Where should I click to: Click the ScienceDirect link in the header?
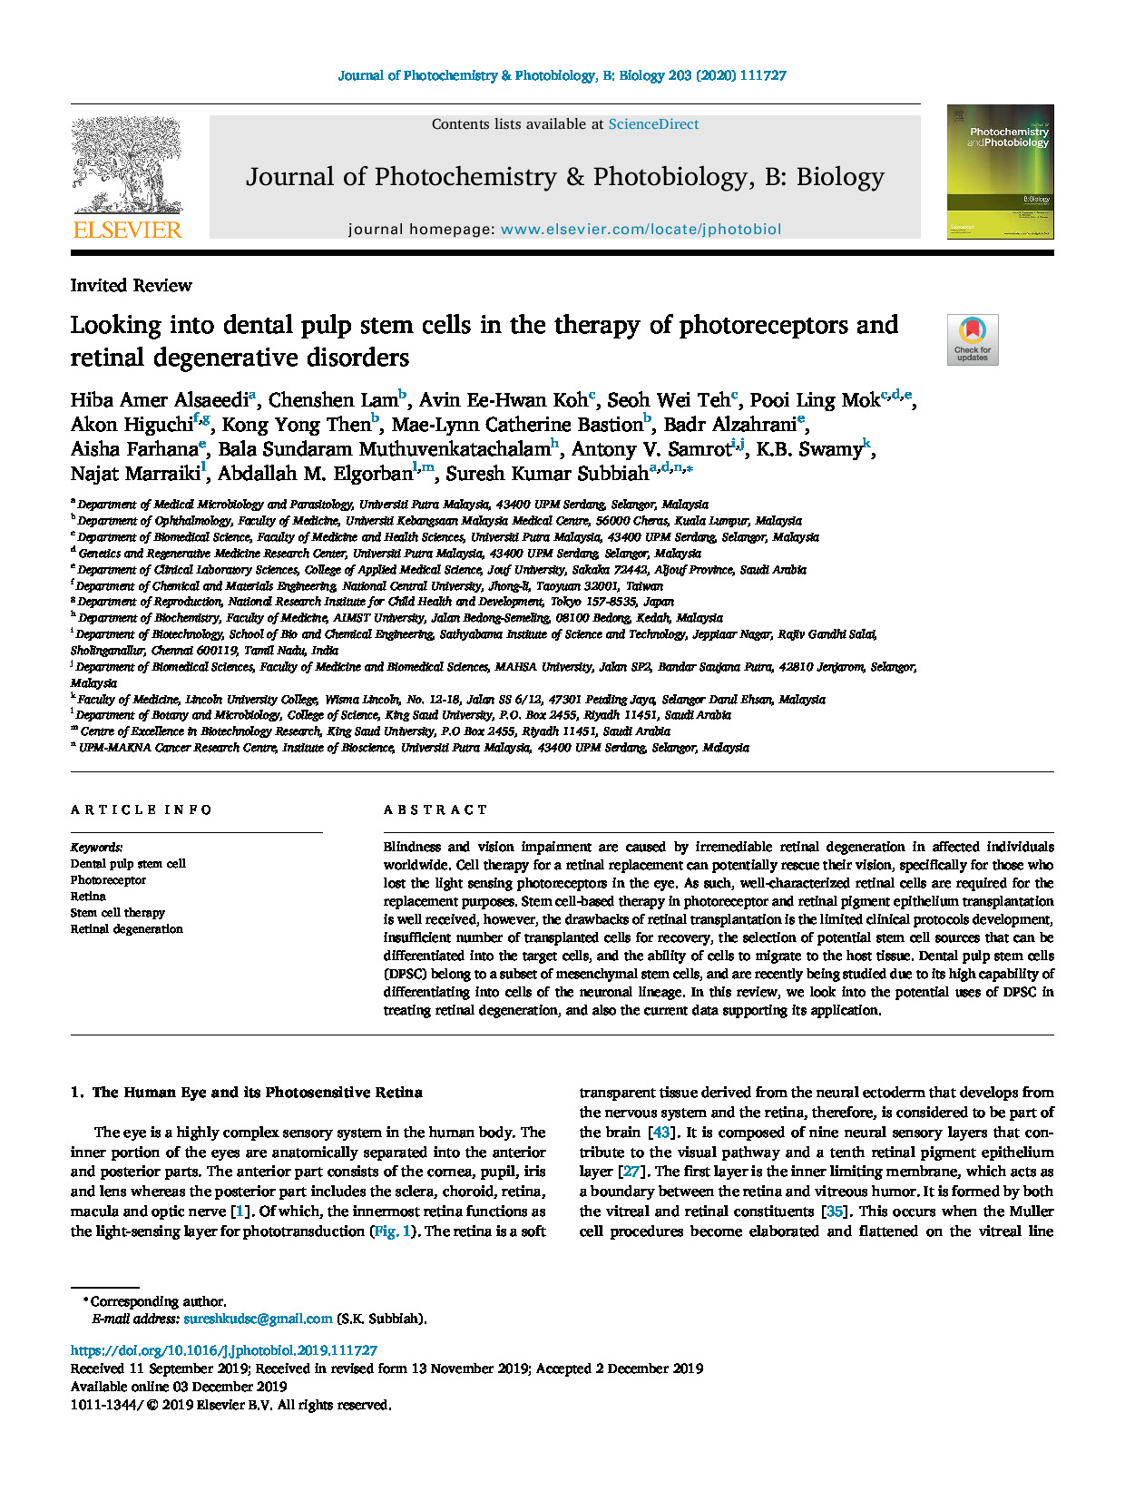pos(653,124)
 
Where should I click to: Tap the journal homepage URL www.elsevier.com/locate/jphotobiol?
pos(641,230)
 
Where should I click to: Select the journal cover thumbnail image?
pos(1000,172)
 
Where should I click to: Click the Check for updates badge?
pos(973,339)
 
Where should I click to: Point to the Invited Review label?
pos(132,286)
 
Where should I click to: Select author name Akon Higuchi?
pos(132,425)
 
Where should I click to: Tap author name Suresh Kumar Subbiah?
pos(547,474)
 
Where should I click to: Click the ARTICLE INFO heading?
pos(142,809)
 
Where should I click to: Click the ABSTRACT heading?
pos(435,809)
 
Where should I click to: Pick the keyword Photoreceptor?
pos(108,880)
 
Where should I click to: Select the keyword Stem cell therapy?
pos(118,913)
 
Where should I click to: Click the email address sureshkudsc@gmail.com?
pos(258,1319)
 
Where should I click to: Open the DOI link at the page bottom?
pos(224,1350)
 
